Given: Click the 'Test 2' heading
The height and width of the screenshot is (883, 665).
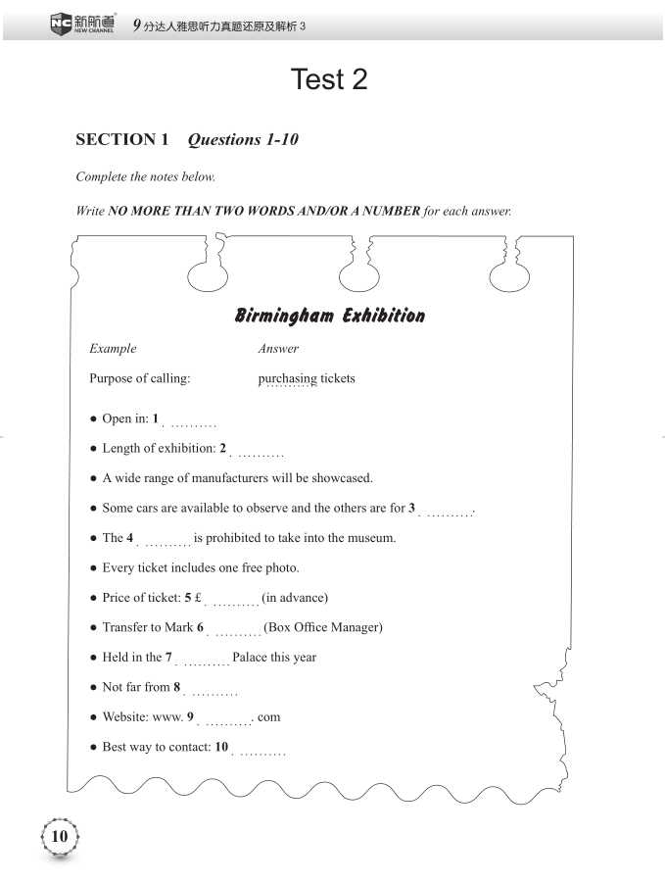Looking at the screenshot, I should pos(329,79).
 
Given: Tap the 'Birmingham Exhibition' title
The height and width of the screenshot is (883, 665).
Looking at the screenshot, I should pos(330,316).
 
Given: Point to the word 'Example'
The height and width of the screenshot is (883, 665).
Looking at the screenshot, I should pos(113,349).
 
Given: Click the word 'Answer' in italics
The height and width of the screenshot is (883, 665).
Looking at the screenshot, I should pos(278,349).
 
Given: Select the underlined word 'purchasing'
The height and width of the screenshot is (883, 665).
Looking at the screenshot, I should pos(287,378).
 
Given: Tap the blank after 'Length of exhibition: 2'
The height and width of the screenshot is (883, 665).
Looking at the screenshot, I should pos(260,453).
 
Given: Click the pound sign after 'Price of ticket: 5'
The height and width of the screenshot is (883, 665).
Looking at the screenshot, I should pos(198,598).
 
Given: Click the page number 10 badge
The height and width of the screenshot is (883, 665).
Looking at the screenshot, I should pos(59,836).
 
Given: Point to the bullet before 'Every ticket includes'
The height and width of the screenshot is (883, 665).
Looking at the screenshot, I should pos(92,568).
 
